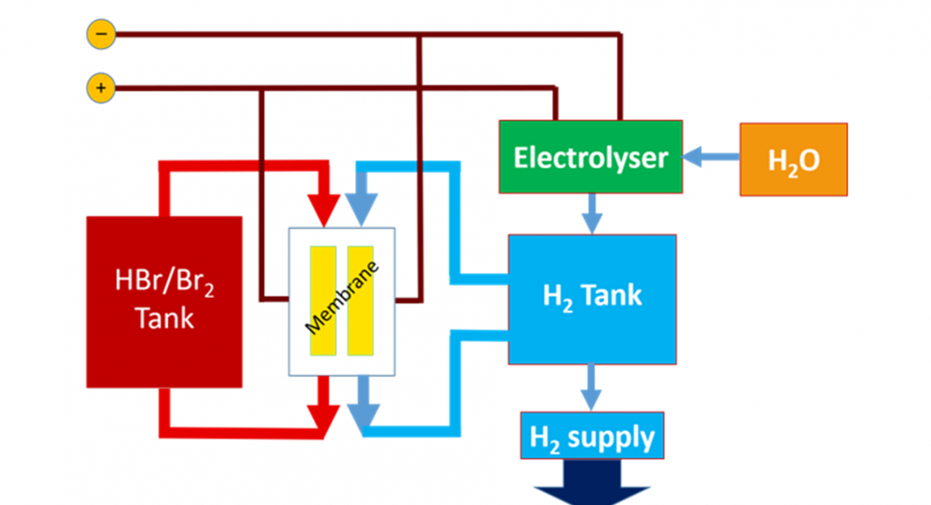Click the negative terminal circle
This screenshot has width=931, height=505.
pos(101,35)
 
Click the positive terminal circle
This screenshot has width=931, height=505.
pos(101,88)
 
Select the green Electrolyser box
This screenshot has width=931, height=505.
pos(590,158)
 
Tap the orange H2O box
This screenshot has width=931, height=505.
pos(793,159)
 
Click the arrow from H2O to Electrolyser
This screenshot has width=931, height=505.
pos(710,158)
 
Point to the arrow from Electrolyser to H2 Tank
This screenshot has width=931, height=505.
pos(592,213)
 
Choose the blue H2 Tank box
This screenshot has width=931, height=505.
pos(592,299)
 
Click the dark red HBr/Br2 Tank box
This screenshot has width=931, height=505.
pos(165,301)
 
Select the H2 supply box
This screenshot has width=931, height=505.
pos(592,435)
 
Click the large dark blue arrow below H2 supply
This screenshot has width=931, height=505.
pos(592,484)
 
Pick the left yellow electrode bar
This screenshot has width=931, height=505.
pos(323,301)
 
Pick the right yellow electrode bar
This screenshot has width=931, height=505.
pos(360,301)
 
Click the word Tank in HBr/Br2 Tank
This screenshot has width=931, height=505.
pos(165,319)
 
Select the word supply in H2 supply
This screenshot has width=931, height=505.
pos(610,436)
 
